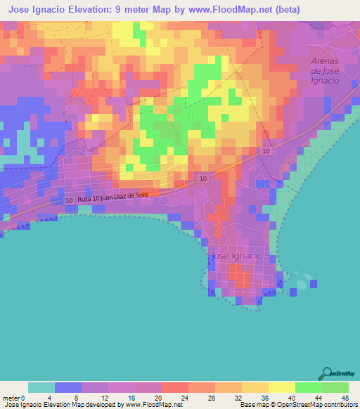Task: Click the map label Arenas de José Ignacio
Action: pyautogui.click(x=326, y=71)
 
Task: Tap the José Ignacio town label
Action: pyautogui.click(x=236, y=257)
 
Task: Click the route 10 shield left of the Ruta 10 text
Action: pyautogui.click(x=69, y=201)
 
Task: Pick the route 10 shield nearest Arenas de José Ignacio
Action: pyautogui.click(x=266, y=152)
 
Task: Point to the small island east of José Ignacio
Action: pyautogui.click(x=302, y=285)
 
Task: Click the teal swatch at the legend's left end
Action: pyautogui.click(x=41, y=387)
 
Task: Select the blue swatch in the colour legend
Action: pyautogui.click(x=68, y=387)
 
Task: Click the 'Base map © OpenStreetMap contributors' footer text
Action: pyautogui.click(x=297, y=405)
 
